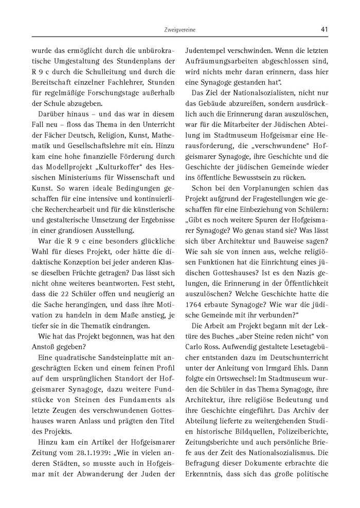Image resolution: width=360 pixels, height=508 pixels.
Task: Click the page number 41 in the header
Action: (x=324, y=29)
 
